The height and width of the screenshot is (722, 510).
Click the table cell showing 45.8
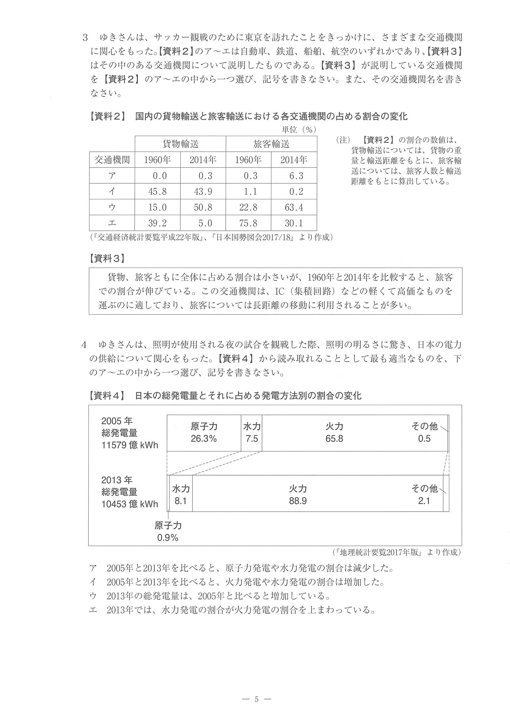pos(158,192)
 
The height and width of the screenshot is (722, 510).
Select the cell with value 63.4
pos(294,207)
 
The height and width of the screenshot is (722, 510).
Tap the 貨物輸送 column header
pos(180,144)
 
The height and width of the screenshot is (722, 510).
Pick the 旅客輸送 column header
pos(271,144)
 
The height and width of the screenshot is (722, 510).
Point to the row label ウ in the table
pos(112,207)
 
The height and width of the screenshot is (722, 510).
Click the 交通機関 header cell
pos(112,160)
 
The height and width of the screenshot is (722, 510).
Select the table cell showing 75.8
pos(248,223)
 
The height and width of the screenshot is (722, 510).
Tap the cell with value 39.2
pos(158,223)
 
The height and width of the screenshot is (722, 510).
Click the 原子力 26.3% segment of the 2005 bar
pos(204,433)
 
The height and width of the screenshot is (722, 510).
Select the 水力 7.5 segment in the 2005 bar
pos(251,433)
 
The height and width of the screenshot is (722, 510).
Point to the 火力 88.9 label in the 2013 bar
pos(298,495)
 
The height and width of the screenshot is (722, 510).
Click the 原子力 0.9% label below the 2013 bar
pos(168,531)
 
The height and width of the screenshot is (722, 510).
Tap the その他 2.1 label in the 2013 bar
pos(424,495)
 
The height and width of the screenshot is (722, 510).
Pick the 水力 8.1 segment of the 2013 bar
pos(181,495)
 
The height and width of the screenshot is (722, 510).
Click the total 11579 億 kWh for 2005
pos(130,445)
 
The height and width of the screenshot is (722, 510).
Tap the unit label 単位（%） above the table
pos(298,130)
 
